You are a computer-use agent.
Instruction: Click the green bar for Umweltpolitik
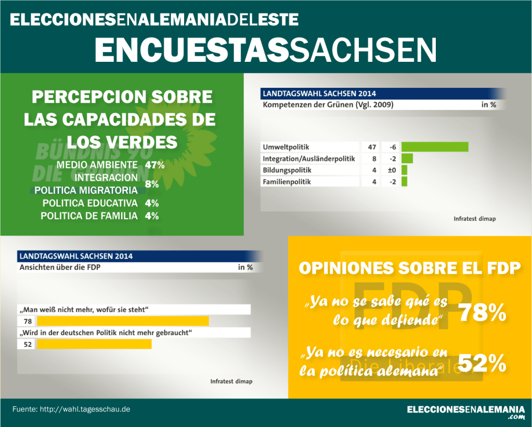click(435, 147)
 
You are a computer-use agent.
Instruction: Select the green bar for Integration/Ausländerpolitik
click(407, 158)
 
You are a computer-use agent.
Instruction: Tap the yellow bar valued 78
click(123, 322)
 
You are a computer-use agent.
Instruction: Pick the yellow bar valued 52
click(94, 344)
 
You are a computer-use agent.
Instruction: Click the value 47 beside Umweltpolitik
click(372, 147)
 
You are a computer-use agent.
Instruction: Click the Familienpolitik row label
click(287, 182)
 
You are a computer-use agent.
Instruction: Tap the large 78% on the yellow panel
click(482, 313)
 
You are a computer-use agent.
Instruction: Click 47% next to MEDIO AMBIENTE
click(155, 165)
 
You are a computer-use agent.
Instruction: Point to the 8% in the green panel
click(152, 184)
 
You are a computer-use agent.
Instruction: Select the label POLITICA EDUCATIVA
click(90, 203)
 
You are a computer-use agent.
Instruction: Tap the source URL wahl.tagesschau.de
click(85, 409)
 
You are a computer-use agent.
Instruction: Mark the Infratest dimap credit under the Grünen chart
click(474, 219)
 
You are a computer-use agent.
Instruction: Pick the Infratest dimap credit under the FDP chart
click(231, 381)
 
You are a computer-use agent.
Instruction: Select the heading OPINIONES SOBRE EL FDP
click(409, 268)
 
